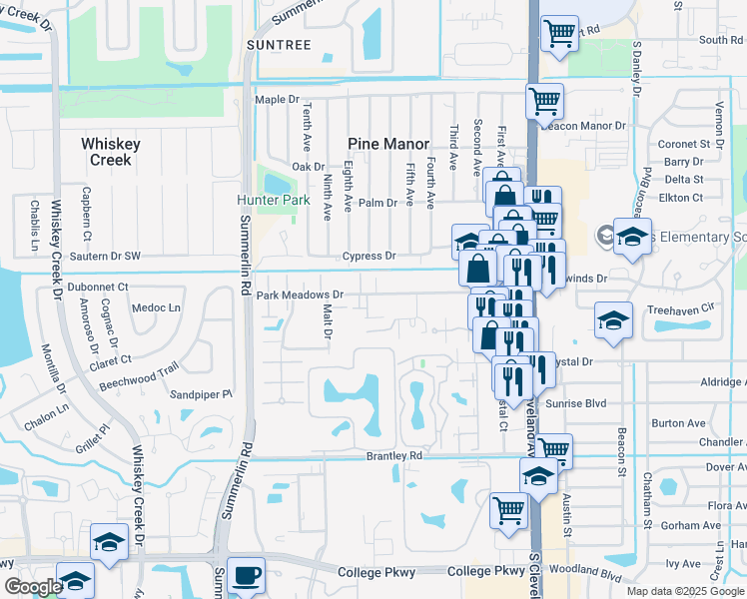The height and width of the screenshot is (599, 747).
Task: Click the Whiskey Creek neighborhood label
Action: [110, 152]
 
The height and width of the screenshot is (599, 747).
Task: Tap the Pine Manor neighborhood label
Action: [387, 144]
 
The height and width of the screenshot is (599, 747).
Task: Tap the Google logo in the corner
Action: [33, 587]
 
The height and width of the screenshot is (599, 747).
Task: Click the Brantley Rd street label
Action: [394, 455]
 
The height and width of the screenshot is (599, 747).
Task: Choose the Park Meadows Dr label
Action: [300, 296]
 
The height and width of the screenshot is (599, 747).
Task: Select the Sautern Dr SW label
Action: [106, 257]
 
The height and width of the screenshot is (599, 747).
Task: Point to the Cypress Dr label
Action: [370, 257]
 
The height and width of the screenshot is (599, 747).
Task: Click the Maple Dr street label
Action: [277, 100]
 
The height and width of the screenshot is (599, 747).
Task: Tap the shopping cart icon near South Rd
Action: [559, 32]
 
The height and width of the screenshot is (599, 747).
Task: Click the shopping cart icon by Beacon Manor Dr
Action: [544, 100]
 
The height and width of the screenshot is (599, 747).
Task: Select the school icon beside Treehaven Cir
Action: [613, 319]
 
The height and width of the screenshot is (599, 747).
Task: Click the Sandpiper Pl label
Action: [200, 394]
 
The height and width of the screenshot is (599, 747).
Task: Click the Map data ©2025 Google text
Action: [685, 591]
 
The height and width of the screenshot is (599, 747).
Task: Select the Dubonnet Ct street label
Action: [97, 287]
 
